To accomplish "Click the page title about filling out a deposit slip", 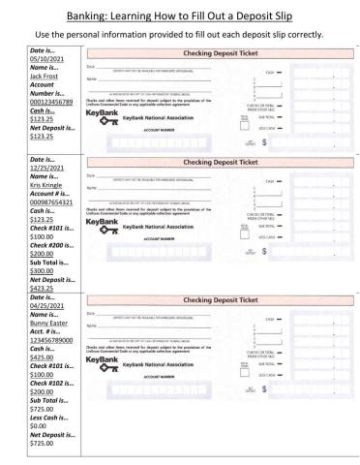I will [180, 15].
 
